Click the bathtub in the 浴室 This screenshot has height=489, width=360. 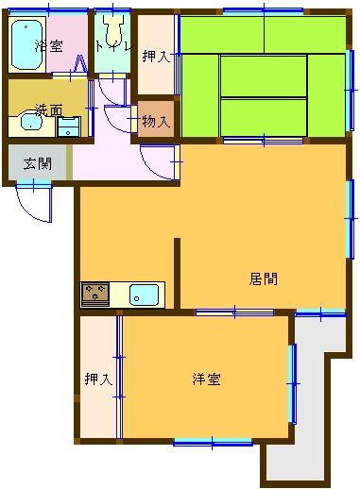(27, 44)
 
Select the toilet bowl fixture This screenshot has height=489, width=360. (112, 32)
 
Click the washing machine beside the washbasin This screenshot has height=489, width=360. (69, 126)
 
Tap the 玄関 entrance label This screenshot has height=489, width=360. (38, 163)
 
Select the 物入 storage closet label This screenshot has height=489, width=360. (156, 121)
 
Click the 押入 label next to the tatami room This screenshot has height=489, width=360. (156, 57)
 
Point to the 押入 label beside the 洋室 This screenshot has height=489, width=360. (98, 379)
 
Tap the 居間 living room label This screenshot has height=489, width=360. (264, 279)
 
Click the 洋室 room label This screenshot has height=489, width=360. (206, 379)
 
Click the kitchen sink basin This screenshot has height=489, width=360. (144, 295)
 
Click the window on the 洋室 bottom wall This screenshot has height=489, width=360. (213, 444)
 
